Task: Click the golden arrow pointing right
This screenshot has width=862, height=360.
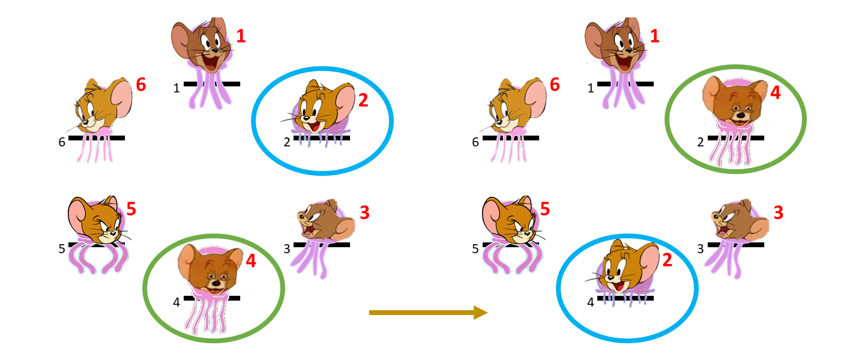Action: (428, 313)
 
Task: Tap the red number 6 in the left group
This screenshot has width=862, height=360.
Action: (141, 85)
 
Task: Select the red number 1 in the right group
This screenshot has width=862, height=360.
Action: (654, 36)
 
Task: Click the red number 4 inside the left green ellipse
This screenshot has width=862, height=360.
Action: (251, 261)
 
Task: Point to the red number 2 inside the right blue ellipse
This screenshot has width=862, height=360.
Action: (668, 260)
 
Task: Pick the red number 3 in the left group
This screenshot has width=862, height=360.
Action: (364, 212)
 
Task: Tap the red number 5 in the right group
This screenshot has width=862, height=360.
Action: (545, 209)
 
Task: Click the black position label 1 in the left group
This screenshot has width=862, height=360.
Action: (176, 89)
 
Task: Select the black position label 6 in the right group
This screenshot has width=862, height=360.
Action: (475, 143)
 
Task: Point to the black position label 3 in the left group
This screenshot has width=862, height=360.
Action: (287, 249)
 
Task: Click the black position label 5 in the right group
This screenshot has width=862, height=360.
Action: (475, 249)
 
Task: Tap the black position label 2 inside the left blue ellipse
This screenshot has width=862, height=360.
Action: (287, 143)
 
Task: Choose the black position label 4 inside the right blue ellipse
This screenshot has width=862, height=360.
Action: (591, 302)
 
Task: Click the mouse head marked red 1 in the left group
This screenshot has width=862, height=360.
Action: (202, 45)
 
